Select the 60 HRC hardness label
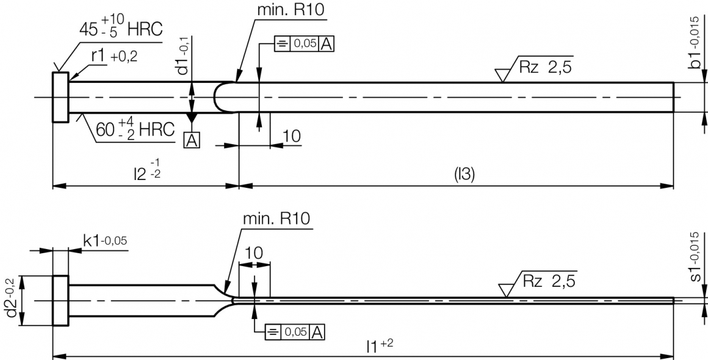click(x=135, y=129)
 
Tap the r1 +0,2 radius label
click(x=114, y=57)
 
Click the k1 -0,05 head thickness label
click(x=105, y=241)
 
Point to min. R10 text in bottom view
click(x=276, y=218)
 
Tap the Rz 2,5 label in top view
click(x=545, y=68)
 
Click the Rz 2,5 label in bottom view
click(x=549, y=281)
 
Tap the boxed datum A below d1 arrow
click(x=191, y=141)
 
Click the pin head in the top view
click(x=60, y=98)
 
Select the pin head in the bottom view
click(x=60, y=301)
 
